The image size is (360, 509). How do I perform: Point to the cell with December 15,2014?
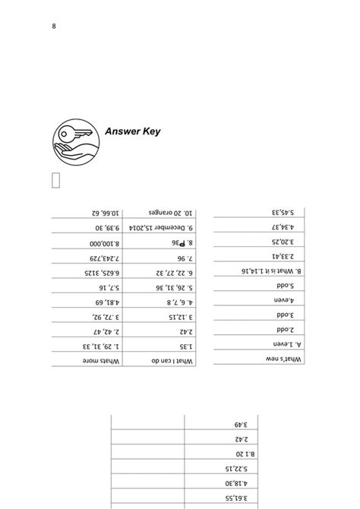pyautogui.click(x=164, y=227)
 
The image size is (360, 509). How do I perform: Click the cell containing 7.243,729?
pyautogui.click(x=87, y=258)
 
